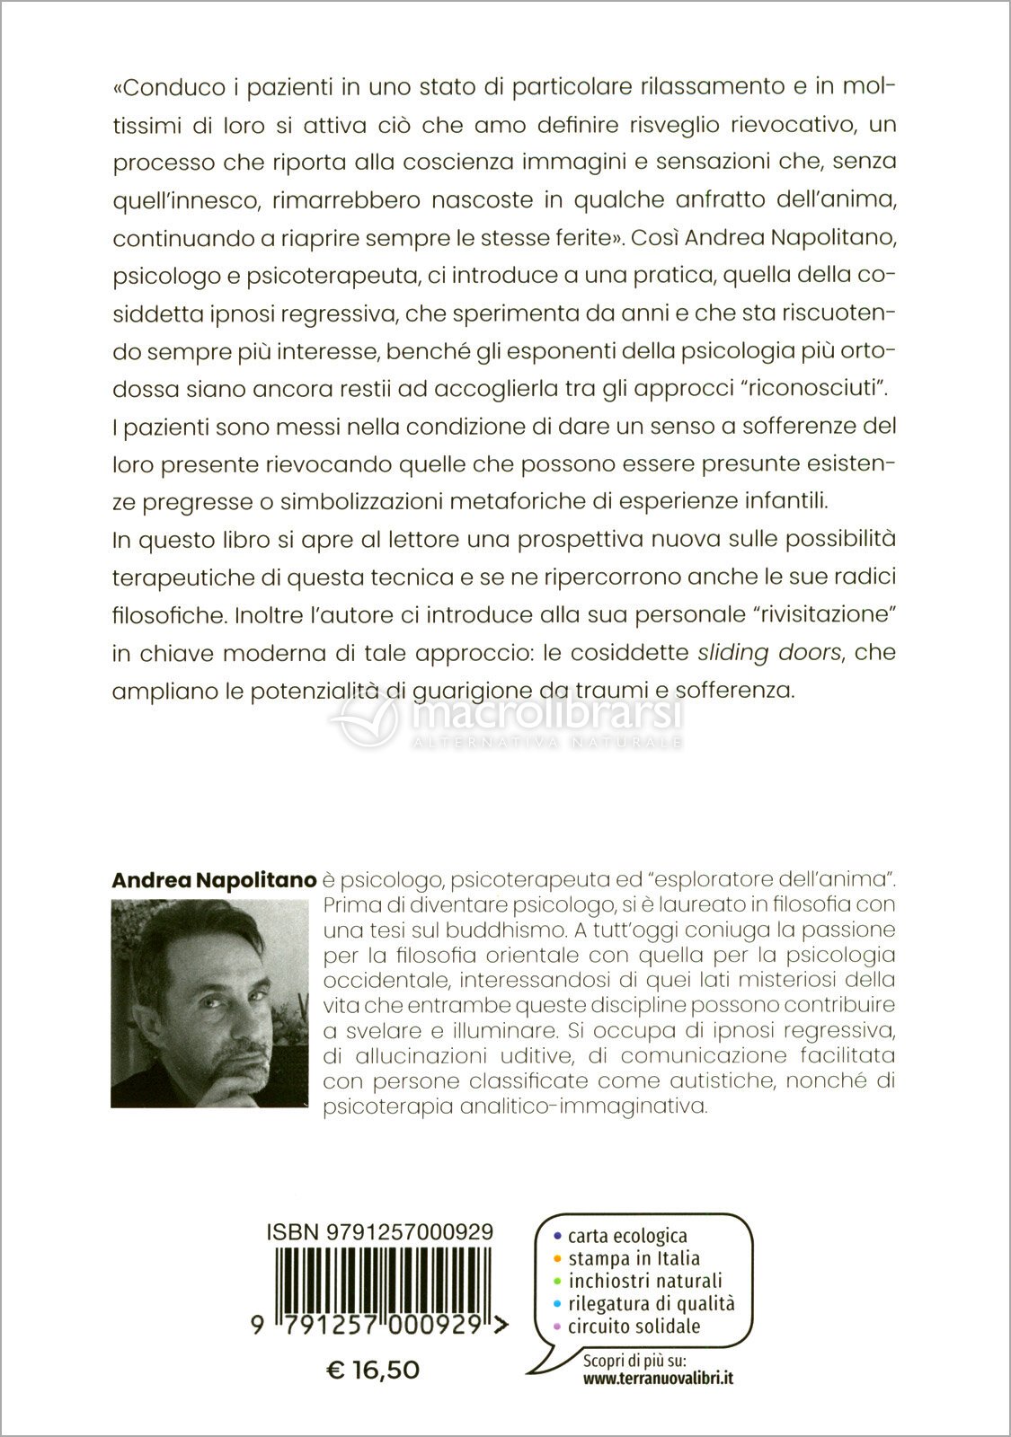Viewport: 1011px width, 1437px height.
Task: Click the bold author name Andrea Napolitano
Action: (x=214, y=880)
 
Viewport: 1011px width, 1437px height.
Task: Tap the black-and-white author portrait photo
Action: (x=214, y=1003)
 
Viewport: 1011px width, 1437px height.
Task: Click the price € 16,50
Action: (x=372, y=1370)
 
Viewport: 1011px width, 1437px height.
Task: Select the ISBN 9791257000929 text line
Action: (x=380, y=1232)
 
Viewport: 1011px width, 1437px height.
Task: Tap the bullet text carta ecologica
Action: (x=627, y=1237)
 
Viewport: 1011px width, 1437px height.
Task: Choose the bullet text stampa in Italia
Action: (x=634, y=1258)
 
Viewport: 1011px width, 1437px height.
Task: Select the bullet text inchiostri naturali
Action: (x=644, y=1281)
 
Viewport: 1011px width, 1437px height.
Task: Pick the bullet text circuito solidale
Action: (x=634, y=1326)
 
